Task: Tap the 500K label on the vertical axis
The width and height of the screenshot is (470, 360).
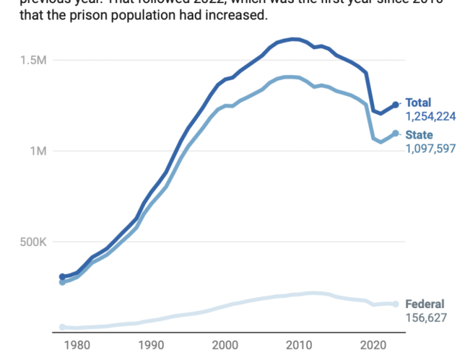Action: pos(32,242)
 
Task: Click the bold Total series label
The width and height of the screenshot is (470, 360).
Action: pos(418,103)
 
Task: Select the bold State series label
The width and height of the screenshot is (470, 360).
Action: pos(419,135)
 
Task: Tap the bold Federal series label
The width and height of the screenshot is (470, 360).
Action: pos(425,304)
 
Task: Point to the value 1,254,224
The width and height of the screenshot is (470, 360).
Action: pos(431,116)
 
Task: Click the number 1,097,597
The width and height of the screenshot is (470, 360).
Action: pos(431,148)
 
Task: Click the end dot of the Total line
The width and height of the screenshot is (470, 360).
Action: pos(395,105)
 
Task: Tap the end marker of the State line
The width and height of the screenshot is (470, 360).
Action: pos(395,133)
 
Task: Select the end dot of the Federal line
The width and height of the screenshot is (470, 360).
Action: pos(395,304)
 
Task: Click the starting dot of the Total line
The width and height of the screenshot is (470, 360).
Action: pos(62,277)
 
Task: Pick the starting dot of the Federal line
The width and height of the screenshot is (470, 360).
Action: pos(62,327)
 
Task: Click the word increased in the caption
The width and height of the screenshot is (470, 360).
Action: pos(235,15)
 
